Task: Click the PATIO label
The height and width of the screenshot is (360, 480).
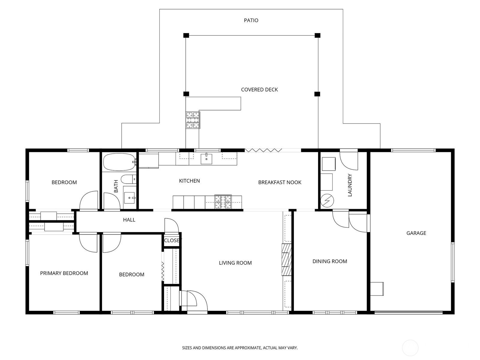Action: pos(251,20)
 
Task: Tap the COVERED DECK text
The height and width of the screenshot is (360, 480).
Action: pos(259,90)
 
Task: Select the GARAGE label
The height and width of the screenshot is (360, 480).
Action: pos(416,233)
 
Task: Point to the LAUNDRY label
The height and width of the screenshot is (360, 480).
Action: pos(350,185)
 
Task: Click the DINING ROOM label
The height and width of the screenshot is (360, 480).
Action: pos(329,261)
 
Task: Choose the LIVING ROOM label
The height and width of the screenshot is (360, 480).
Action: pos(235,263)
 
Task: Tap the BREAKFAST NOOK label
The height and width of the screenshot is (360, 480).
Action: pos(280,182)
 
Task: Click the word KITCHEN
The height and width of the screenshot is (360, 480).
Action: pos(189,181)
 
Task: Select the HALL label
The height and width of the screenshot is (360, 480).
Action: pos(129,220)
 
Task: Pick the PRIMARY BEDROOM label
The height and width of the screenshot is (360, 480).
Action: pos(64,273)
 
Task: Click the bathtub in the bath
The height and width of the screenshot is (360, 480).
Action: pos(119,162)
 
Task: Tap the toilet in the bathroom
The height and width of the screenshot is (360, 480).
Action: pos(129,179)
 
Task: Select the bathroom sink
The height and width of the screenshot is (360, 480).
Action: pos(130,198)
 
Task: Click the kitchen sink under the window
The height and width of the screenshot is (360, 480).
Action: pos(206,158)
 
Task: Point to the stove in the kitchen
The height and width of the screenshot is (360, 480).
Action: pos(223,202)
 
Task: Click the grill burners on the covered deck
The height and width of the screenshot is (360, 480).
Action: pos(193,120)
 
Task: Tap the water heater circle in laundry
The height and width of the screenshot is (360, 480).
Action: pos(327,200)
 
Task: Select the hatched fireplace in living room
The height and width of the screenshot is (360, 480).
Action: pos(286,259)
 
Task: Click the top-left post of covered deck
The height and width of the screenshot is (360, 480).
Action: pos(186,35)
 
